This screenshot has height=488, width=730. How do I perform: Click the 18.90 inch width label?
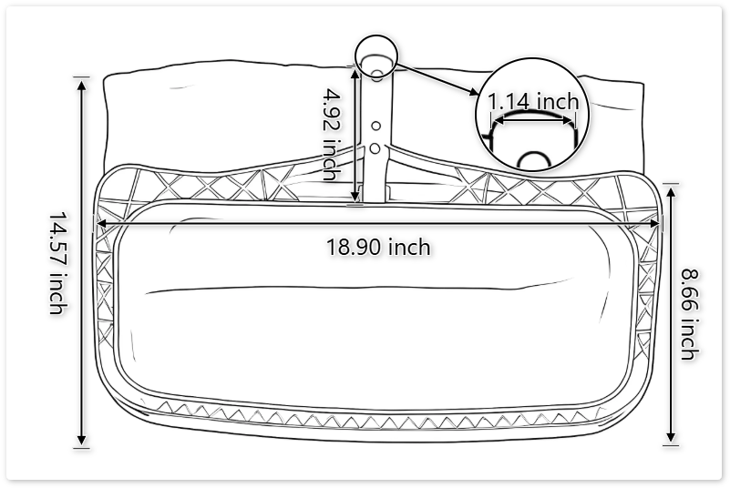378,246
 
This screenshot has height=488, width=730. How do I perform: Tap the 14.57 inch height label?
57,263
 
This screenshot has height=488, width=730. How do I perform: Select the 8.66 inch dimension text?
689,311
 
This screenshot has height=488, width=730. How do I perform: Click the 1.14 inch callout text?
533,101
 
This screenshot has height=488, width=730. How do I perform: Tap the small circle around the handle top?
375,58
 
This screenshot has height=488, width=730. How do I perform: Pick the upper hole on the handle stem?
375,127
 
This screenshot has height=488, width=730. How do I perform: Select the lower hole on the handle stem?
375,147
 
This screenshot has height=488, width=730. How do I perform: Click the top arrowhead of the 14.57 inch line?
82,85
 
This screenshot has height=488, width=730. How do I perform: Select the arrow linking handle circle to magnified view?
437,79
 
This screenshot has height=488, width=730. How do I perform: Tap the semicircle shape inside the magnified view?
533,161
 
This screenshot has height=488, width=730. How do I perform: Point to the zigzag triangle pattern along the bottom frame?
365,412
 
